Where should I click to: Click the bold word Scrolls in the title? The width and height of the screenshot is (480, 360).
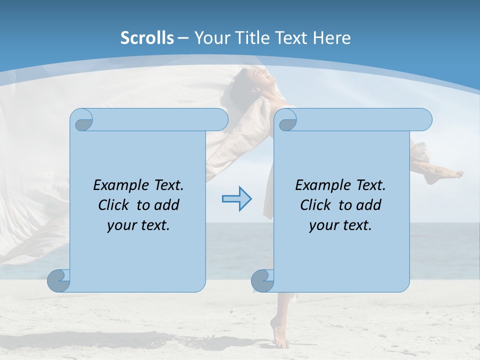coord(147,38)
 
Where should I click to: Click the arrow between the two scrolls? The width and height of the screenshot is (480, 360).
coord(236,199)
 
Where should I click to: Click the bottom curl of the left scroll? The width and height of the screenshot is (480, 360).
coord(58,280)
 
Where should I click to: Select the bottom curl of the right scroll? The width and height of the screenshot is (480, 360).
coord(262,280)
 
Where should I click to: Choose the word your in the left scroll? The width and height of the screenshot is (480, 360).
coord(121,225)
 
